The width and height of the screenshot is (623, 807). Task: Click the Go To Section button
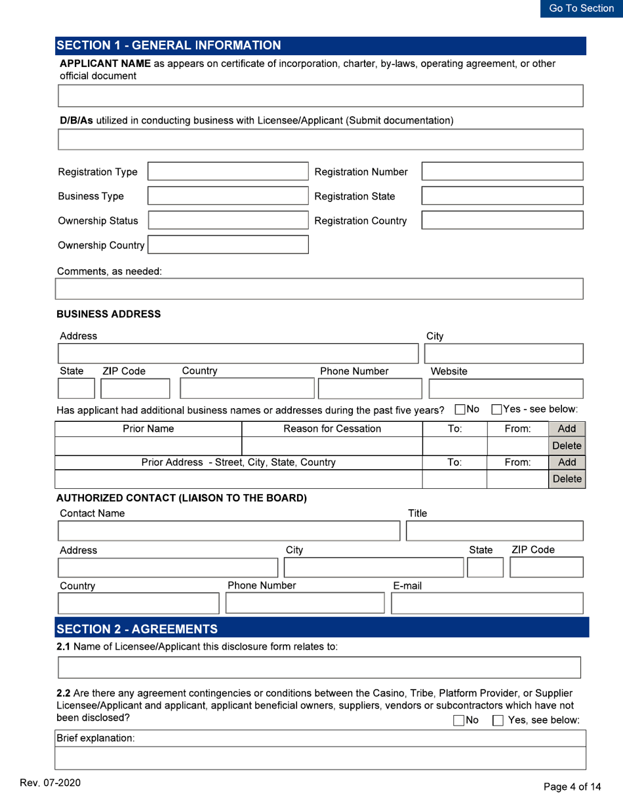tap(581, 9)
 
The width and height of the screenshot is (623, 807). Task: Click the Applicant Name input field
tap(321, 96)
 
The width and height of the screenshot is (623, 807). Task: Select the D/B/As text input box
tap(321, 140)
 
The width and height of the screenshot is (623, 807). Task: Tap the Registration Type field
tap(227, 173)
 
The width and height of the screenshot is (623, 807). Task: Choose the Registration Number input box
tap(502, 173)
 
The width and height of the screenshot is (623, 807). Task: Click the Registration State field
tap(502, 196)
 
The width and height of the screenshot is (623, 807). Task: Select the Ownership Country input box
tap(231, 245)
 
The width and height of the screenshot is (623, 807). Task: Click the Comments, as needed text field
tap(321, 289)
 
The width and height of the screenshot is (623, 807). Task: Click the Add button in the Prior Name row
tap(565, 430)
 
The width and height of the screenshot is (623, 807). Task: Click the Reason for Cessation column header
tap(331, 430)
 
